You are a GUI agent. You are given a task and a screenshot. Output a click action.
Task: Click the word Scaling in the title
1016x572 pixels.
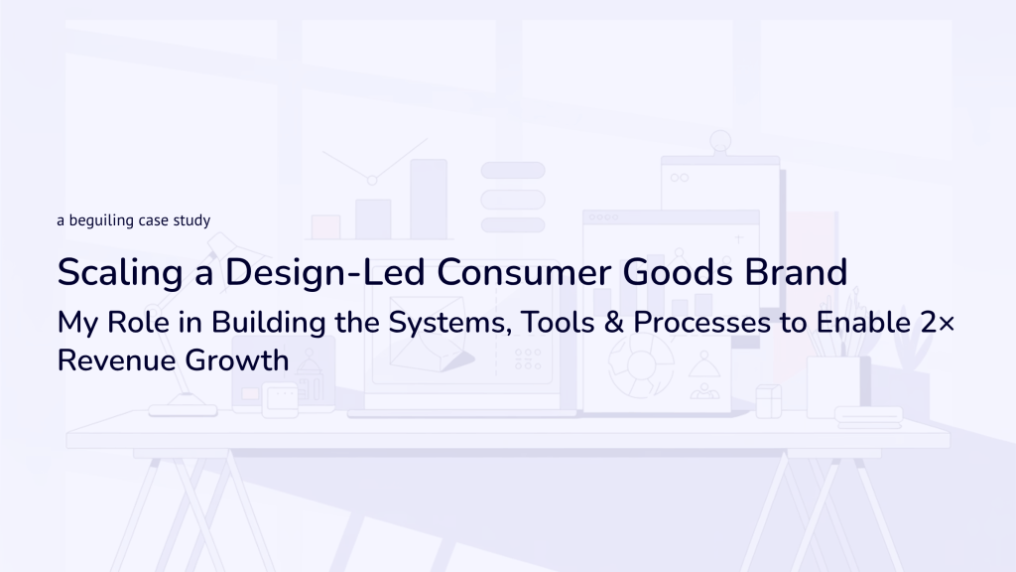click(120, 273)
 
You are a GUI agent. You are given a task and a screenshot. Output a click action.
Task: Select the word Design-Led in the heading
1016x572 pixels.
click(324, 272)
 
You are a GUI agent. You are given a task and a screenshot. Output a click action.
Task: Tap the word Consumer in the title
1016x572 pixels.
click(524, 272)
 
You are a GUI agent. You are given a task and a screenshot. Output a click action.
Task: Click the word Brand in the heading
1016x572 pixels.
click(796, 272)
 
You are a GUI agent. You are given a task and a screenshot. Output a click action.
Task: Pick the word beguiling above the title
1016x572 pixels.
click(101, 220)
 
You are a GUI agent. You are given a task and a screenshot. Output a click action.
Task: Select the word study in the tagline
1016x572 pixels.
click(191, 220)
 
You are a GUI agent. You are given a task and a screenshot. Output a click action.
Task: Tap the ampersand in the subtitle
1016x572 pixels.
click(613, 323)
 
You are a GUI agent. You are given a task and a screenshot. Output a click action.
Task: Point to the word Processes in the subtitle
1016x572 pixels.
click(701, 323)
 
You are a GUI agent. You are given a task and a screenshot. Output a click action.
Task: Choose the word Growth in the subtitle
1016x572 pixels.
click(237, 360)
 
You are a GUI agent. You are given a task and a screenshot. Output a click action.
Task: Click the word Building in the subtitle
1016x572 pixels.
click(268, 324)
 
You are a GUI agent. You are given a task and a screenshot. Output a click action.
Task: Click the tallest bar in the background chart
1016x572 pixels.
click(429, 200)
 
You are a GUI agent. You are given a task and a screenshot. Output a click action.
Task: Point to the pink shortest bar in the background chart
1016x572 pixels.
click(325, 227)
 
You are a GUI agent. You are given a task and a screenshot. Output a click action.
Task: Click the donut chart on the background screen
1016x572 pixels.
click(641, 367)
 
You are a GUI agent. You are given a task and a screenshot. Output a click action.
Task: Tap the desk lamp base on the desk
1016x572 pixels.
click(183, 410)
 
